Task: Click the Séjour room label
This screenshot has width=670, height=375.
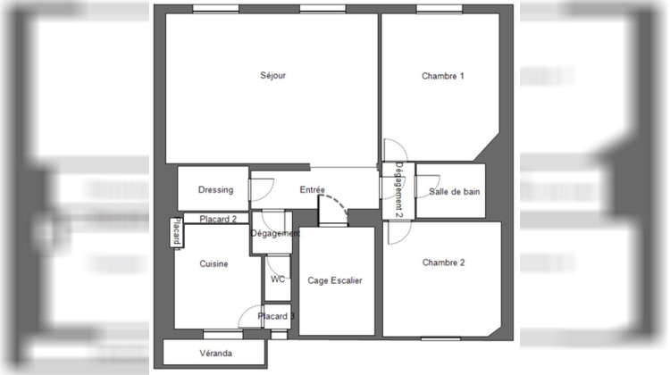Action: (x=273, y=77)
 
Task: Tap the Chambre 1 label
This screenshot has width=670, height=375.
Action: (x=443, y=77)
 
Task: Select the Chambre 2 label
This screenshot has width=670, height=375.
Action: (x=443, y=263)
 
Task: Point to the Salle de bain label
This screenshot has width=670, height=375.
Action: (x=451, y=192)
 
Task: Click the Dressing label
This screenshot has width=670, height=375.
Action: (x=215, y=190)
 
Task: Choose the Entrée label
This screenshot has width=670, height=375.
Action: (x=312, y=190)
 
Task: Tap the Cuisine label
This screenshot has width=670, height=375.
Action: (x=214, y=264)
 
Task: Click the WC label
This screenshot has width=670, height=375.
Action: (x=278, y=279)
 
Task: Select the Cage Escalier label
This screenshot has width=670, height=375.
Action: (x=335, y=280)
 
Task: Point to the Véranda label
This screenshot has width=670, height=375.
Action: (x=215, y=354)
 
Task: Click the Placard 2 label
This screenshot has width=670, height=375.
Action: (x=218, y=219)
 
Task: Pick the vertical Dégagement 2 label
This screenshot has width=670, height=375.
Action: (x=399, y=190)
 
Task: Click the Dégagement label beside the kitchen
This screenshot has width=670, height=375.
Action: (x=275, y=234)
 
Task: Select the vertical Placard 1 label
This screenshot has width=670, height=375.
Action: (x=178, y=233)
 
